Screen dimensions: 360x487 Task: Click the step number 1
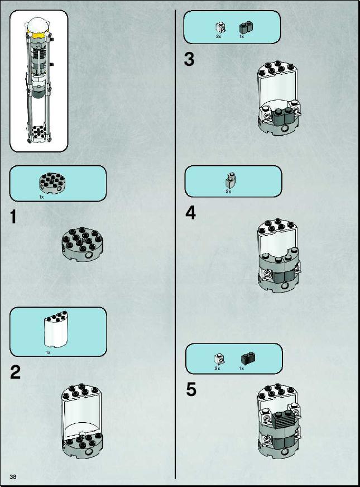tap(13, 217)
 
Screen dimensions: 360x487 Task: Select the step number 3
tap(189, 59)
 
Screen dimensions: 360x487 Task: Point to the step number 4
tap(190, 213)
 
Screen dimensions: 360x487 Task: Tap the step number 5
tap(191, 389)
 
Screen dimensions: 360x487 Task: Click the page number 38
tap(13, 477)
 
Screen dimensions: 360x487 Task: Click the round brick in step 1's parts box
tap(52, 182)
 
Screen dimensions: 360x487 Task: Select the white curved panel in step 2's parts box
tap(56, 328)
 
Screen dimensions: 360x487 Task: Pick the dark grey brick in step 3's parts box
tap(245, 27)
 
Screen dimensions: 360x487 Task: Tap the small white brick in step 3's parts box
tap(220, 27)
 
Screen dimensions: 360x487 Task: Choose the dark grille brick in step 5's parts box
tap(248, 359)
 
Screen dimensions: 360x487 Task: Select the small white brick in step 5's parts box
tap(219, 359)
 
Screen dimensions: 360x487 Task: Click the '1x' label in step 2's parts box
tap(48, 352)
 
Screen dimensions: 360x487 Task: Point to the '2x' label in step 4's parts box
tap(228, 192)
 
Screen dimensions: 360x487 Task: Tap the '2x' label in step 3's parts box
tap(218, 36)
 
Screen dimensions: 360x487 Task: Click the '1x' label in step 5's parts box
tap(242, 369)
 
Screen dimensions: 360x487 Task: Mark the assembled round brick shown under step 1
tap(82, 245)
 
